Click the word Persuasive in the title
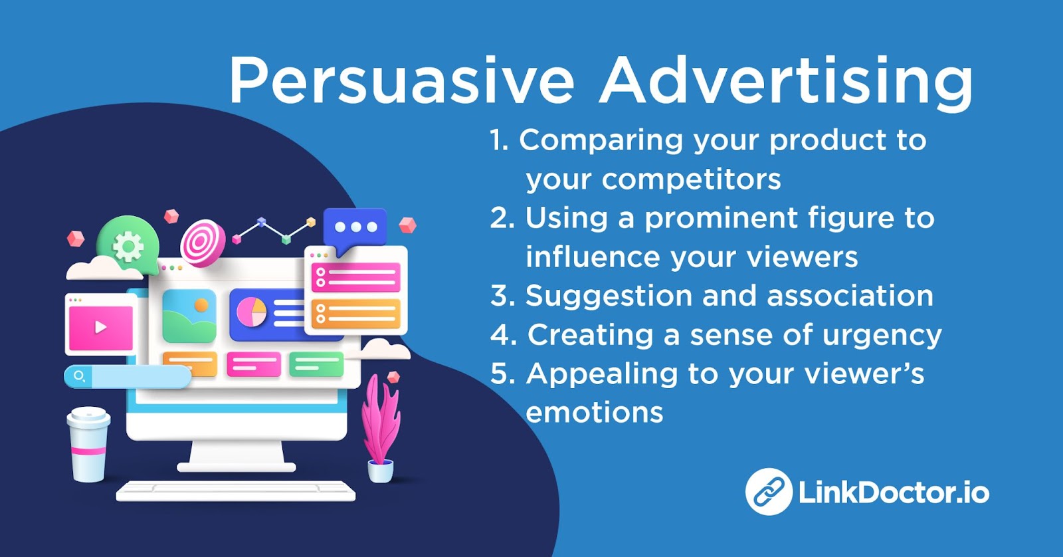(401, 80)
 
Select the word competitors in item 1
(691, 179)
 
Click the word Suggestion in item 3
(609, 295)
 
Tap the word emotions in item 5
(594, 412)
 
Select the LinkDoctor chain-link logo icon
(768, 491)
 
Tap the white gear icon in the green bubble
(128, 247)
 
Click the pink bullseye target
(203, 243)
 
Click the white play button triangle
(100, 327)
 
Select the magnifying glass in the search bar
(80, 377)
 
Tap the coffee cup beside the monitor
(88, 444)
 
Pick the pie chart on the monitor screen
(252, 312)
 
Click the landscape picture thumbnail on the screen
(189, 316)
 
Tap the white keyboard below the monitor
(236, 491)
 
